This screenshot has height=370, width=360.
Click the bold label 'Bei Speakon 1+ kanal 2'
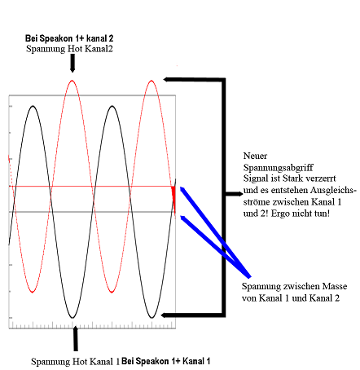(69, 38)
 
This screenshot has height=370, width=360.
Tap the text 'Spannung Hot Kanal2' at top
(69, 49)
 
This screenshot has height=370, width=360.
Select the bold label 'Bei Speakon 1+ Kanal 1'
(165, 361)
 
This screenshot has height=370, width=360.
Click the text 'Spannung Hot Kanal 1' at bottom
(75, 362)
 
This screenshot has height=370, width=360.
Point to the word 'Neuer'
(255, 156)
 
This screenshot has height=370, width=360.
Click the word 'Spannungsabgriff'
(278, 168)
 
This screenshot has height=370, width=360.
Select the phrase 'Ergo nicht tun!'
(300, 214)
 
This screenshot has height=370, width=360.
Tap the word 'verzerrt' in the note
(321, 178)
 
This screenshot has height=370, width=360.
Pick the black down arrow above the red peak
(72, 63)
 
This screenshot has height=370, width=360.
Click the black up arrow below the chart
(76, 338)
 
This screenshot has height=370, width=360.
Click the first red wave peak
(72, 81)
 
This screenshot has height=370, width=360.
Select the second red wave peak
(151, 81)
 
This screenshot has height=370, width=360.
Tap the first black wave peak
(33, 106)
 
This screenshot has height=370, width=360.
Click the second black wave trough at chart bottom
(151, 317)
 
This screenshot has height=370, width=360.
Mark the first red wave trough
(33, 292)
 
